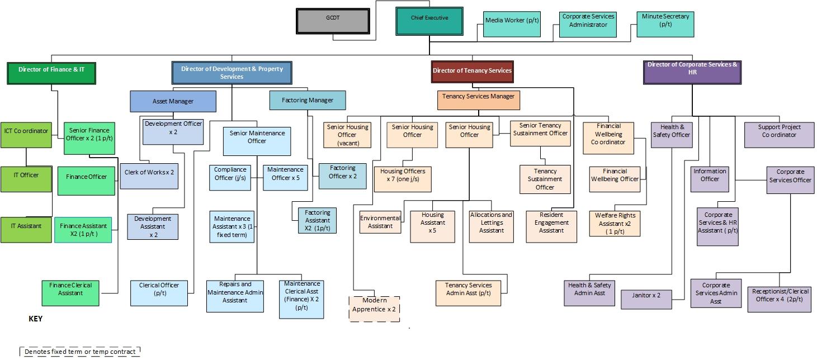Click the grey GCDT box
coord(333,21)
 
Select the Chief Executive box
coord(429,21)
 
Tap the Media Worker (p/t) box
coord(512,23)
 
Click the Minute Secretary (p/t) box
coord(665,24)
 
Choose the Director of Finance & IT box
coord(51,73)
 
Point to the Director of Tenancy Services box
coord(472,71)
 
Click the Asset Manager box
coord(173,101)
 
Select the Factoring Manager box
coord(307,100)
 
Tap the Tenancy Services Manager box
coord(478,100)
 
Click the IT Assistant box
coord(26,229)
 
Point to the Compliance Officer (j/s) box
coord(230,177)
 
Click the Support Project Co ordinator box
coord(779,135)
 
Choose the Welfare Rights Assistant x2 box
coord(615,223)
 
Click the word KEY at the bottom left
coord(35,319)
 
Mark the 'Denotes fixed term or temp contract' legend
coord(79,352)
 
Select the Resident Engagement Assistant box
coord(551,226)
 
